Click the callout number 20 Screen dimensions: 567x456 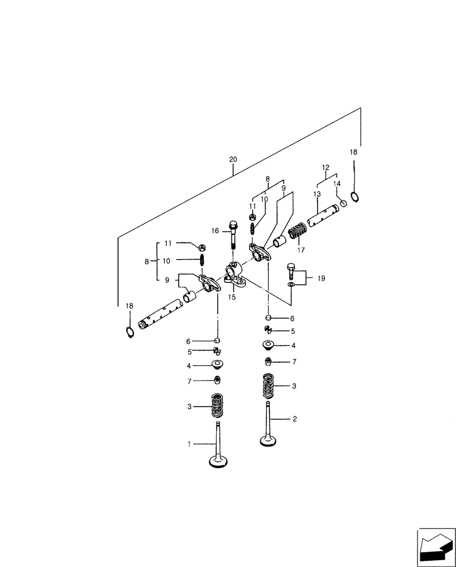(233, 160)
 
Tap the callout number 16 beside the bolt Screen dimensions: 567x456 (215, 231)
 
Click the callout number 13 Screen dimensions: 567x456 (317, 194)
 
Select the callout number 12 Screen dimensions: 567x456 (326, 168)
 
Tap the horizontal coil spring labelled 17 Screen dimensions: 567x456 (298, 232)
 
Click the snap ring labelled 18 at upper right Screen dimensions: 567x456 (355, 197)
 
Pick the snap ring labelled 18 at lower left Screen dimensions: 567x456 (129, 332)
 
